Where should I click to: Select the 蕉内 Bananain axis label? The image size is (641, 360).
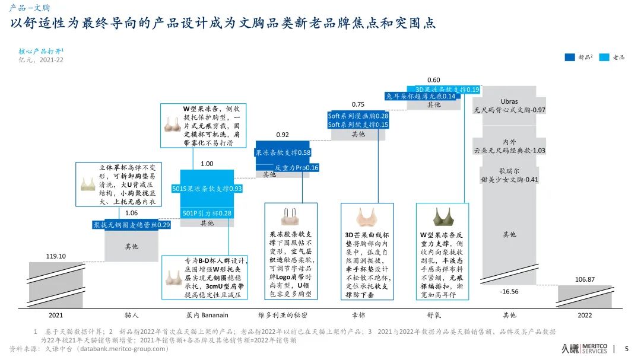point(207,315)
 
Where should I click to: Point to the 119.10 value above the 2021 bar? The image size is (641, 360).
point(56,256)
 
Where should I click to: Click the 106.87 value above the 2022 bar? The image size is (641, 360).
point(585,279)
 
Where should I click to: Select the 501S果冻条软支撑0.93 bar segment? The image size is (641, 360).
point(207,189)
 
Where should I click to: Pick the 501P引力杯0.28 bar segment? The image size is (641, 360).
point(207,213)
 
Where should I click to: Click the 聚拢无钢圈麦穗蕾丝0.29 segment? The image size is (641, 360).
point(131,225)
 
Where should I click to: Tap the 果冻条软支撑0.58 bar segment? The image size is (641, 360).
point(283,153)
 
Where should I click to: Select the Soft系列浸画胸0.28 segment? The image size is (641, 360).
point(358,116)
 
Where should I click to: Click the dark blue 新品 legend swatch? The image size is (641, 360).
point(569,58)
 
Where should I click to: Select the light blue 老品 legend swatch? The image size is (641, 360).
point(605,58)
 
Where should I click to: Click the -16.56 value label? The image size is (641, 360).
point(509,291)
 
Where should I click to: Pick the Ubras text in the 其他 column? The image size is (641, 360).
point(509,101)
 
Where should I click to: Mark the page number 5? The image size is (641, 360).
point(627,349)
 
